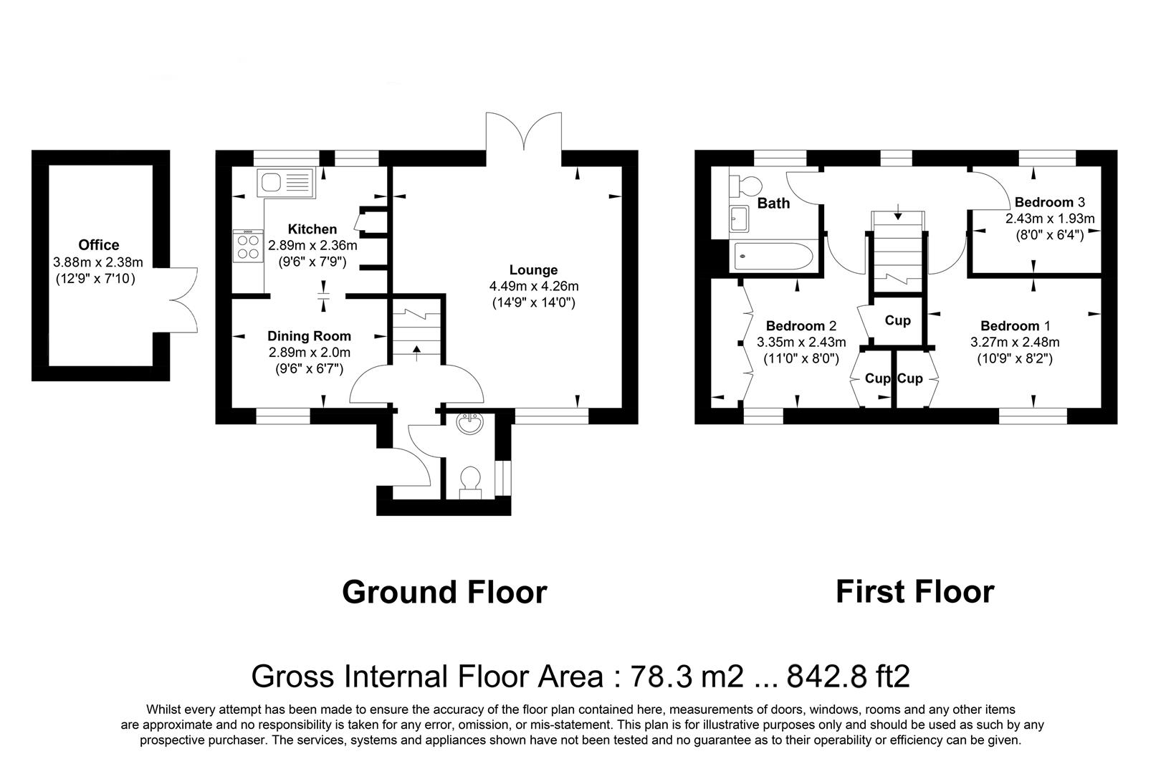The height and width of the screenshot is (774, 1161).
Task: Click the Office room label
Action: click(x=98, y=244)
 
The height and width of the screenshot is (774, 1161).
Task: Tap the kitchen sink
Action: click(x=286, y=183)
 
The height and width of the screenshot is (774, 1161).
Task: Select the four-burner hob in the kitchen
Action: click(x=248, y=247)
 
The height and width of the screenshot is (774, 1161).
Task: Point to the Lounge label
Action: click(x=533, y=269)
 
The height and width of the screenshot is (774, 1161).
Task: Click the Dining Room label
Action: click(x=309, y=336)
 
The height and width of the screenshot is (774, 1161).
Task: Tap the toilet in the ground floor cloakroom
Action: click(x=471, y=482)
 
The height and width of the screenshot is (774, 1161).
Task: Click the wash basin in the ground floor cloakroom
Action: click(x=470, y=423)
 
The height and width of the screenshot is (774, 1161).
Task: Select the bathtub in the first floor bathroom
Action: click(x=773, y=256)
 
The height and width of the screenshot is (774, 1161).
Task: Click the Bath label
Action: click(x=773, y=204)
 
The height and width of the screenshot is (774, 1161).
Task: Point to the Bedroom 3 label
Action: click(x=1050, y=201)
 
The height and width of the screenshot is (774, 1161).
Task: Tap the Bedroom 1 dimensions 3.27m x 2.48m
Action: click(x=1014, y=342)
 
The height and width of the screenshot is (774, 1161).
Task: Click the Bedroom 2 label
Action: click(x=801, y=325)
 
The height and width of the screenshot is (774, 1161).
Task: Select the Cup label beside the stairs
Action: click(x=897, y=320)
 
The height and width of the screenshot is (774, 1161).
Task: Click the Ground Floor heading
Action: click(x=444, y=591)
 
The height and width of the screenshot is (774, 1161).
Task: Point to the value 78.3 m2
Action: click(x=687, y=676)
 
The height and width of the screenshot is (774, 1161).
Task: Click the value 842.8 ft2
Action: click(x=848, y=676)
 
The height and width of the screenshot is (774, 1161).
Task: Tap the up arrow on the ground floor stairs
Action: click(x=416, y=353)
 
